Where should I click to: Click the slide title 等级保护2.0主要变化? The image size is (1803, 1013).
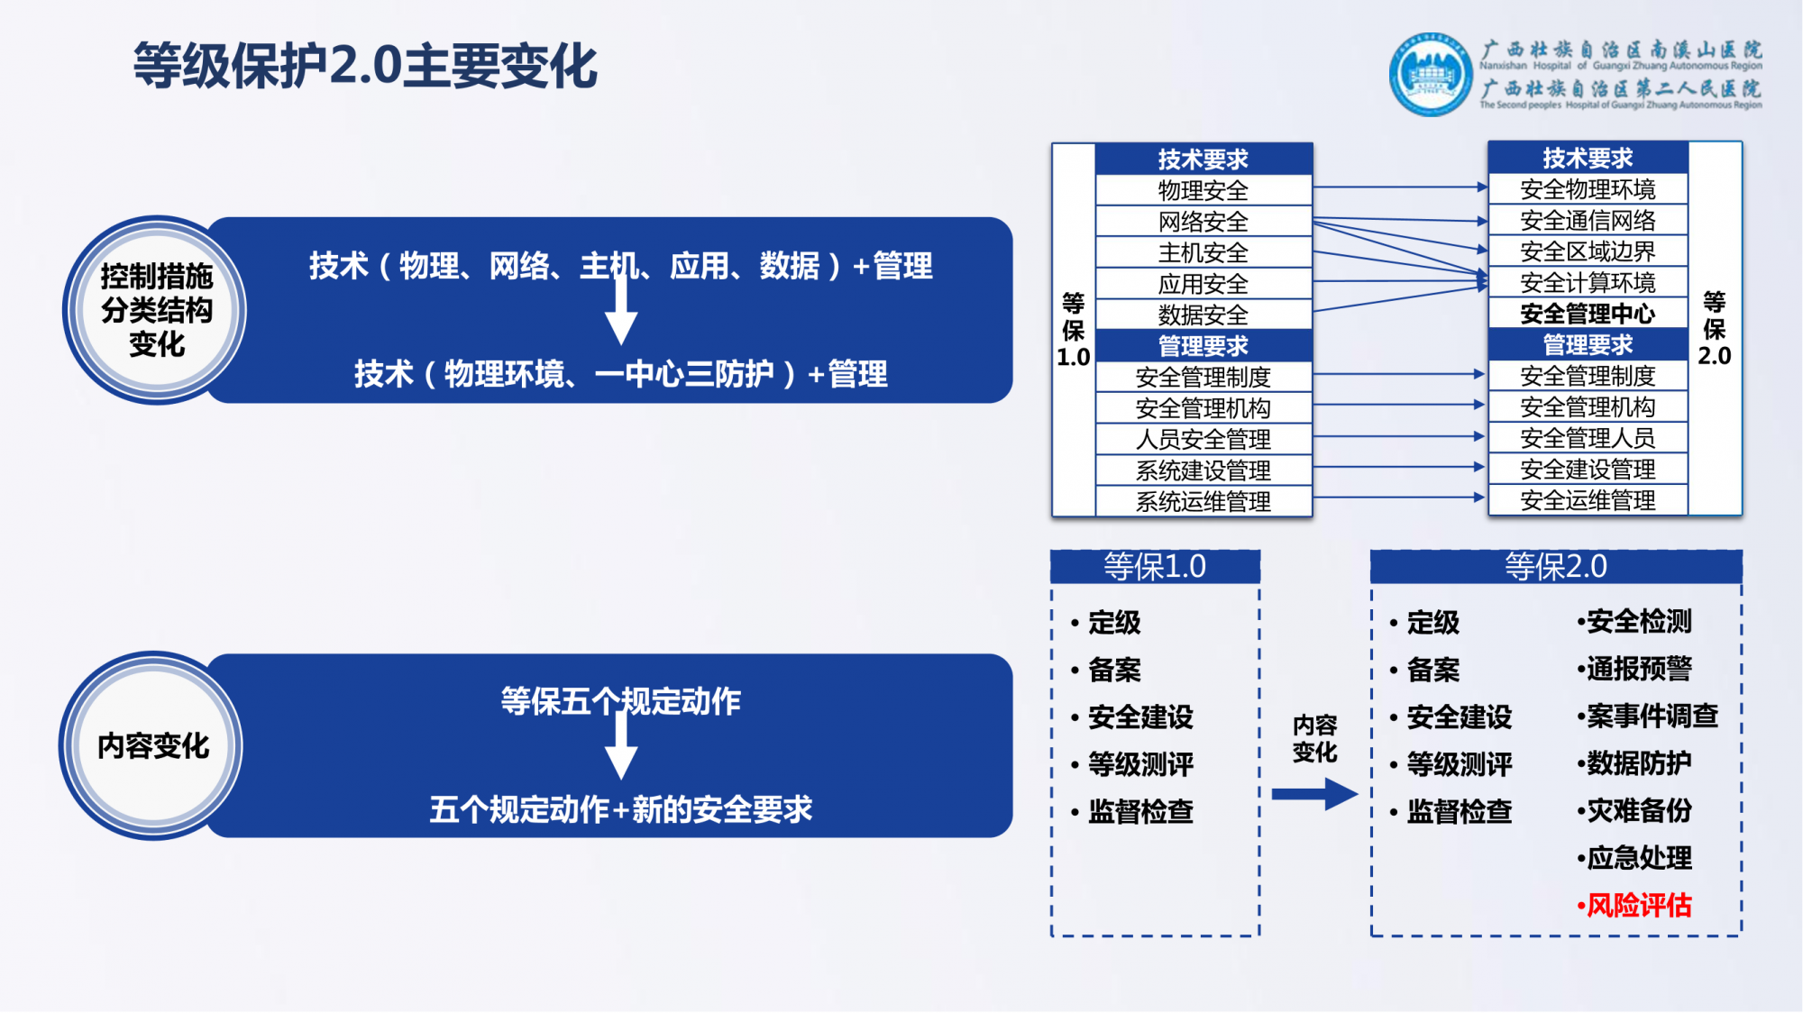click(365, 66)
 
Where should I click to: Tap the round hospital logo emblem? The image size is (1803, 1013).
click(1431, 76)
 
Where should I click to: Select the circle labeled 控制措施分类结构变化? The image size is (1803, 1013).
click(156, 310)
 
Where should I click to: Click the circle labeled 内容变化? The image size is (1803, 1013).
click(153, 746)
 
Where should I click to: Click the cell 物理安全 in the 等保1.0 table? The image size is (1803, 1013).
click(1203, 190)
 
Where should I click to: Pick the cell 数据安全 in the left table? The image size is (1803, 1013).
click(1203, 315)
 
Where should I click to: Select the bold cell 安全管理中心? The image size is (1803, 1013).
click(1587, 314)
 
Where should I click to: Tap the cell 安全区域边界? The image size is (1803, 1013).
click(1587, 251)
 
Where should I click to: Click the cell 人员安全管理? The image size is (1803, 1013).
click(1203, 439)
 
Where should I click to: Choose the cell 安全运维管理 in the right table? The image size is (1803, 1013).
click(1587, 500)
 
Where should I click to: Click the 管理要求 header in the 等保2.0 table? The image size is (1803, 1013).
click(1587, 344)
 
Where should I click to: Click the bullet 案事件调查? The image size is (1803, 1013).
click(1651, 716)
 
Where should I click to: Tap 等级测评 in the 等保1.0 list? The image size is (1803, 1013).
click(1139, 764)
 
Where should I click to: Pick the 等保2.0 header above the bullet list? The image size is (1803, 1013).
click(1555, 567)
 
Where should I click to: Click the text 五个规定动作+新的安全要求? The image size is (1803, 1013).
click(620, 809)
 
